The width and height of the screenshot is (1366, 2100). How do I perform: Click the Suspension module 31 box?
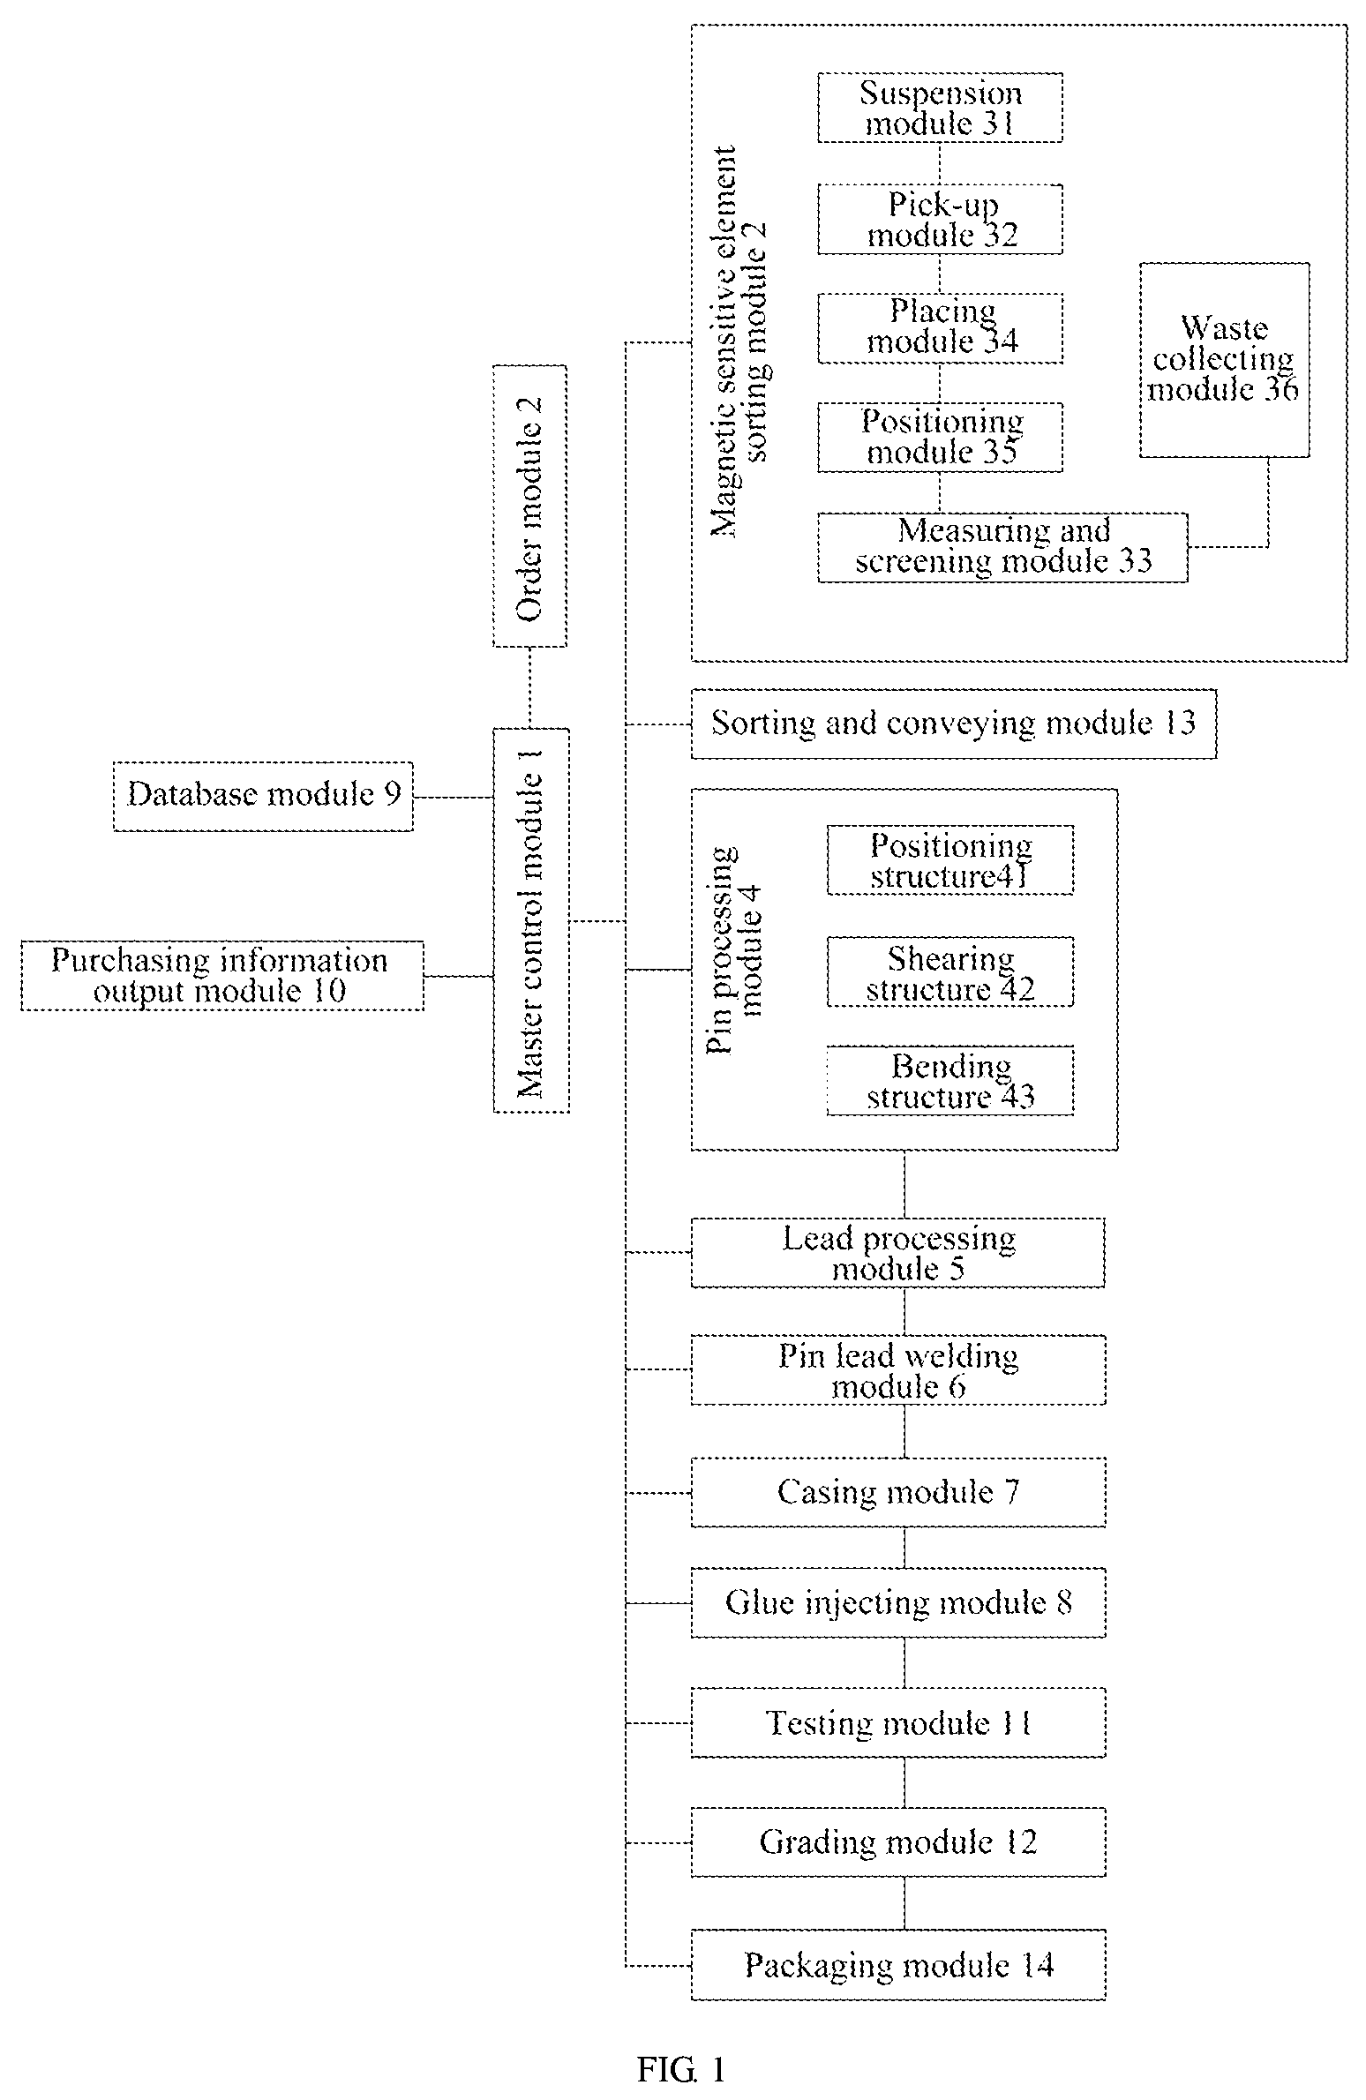tap(940, 108)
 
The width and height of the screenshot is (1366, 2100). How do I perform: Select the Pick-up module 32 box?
tap(940, 220)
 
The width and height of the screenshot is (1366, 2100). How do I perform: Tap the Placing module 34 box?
tap(940, 328)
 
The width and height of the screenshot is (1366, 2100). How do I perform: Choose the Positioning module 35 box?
tap(940, 438)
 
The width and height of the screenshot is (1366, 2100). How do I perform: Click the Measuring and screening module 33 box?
tap(1002, 547)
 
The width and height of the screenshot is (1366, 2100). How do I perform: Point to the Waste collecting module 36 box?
tap(1224, 360)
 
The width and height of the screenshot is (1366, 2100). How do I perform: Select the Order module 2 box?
tap(529, 506)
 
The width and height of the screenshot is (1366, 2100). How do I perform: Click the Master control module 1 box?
tap(530, 920)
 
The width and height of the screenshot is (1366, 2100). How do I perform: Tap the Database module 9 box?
tap(263, 796)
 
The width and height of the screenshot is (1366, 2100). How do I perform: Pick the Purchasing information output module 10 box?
tap(222, 976)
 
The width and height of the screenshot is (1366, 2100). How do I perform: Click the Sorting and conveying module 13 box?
tap(953, 724)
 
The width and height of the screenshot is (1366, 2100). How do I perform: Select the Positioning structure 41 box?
tap(950, 860)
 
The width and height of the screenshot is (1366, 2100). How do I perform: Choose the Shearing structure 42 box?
tap(950, 972)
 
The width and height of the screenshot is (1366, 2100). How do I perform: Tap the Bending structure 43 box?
tap(950, 1081)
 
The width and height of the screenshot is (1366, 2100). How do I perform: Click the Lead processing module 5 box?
tap(897, 1253)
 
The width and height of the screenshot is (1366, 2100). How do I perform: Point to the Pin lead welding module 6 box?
tap(898, 1370)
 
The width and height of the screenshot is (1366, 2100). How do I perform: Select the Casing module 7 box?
tap(898, 1492)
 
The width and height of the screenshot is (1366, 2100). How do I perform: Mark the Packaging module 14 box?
tap(898, 1965)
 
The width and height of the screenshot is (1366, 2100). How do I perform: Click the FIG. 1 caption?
tap(682, 2069)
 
